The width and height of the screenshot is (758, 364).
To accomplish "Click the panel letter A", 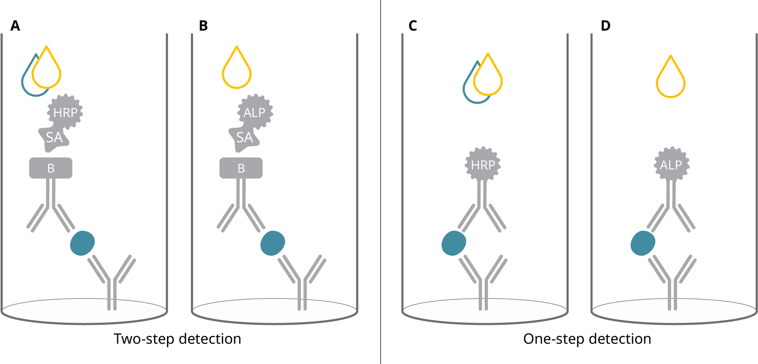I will (15, 26).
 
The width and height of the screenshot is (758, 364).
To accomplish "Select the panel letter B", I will (203, 26).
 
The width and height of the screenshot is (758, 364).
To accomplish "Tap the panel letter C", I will (413, 26).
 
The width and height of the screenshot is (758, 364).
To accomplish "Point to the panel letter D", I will (605, 26).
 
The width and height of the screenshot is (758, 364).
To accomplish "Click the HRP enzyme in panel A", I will (65, 112).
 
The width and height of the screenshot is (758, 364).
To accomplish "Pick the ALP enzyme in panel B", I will (255, 112).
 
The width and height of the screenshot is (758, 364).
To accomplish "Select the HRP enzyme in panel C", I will (483, 164).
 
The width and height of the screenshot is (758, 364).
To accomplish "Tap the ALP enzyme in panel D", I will (672, 164).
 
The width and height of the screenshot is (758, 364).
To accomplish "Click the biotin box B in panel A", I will (51, 168).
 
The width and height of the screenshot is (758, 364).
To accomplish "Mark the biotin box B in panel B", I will (241, 168).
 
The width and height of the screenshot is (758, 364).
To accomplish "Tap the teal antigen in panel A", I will (82, 243).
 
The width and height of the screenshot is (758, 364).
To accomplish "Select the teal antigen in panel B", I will (272, 243).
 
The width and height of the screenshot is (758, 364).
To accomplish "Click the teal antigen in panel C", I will (454, 243).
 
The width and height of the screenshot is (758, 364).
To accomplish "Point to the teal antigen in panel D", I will (643, 243).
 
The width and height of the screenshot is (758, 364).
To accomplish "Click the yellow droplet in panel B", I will (236, 71).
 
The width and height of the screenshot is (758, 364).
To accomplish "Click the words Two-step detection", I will (177, 339).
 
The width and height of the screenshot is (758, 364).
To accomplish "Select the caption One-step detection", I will (587, 339).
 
